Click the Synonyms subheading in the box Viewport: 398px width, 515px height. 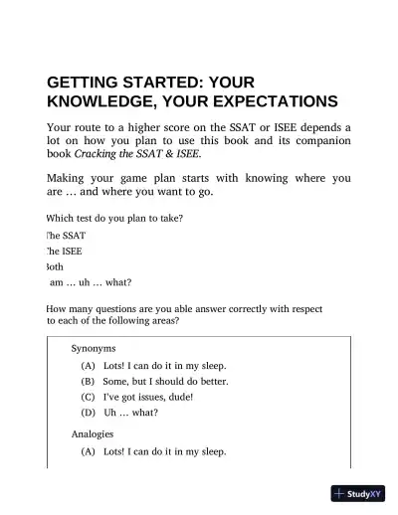pos(94,349)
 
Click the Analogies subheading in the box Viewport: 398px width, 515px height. pos(93,434)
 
